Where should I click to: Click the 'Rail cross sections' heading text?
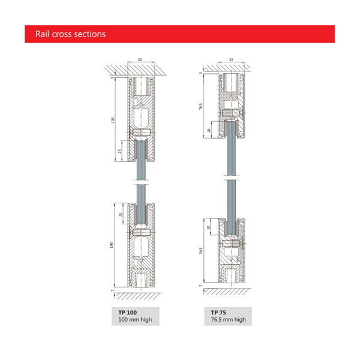(70, 34)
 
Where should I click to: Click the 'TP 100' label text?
(127, 313)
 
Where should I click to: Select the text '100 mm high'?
(135, 320)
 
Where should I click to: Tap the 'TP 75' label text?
(218, 313)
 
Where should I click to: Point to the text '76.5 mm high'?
(228, 320)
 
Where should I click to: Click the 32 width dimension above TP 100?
(140, 59)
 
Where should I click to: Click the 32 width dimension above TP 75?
(231, 59)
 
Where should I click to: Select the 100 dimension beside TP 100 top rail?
(113, 120)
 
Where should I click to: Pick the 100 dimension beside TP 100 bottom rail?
(112, 245)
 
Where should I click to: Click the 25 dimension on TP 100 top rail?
(119, 151)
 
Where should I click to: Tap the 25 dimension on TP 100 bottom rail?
(121, 215)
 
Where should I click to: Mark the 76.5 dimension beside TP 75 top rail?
(200, 106)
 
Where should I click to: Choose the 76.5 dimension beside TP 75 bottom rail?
(201, 251)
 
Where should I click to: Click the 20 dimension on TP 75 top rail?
(208, 130)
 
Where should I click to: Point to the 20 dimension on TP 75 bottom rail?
(208, 227)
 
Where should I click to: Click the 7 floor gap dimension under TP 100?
(113, 290)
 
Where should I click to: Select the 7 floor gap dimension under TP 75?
(200, 286)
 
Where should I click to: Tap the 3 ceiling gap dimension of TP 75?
(200, 73)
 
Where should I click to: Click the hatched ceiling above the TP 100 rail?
(136, 70)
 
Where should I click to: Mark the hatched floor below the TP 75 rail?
(227, 292)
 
